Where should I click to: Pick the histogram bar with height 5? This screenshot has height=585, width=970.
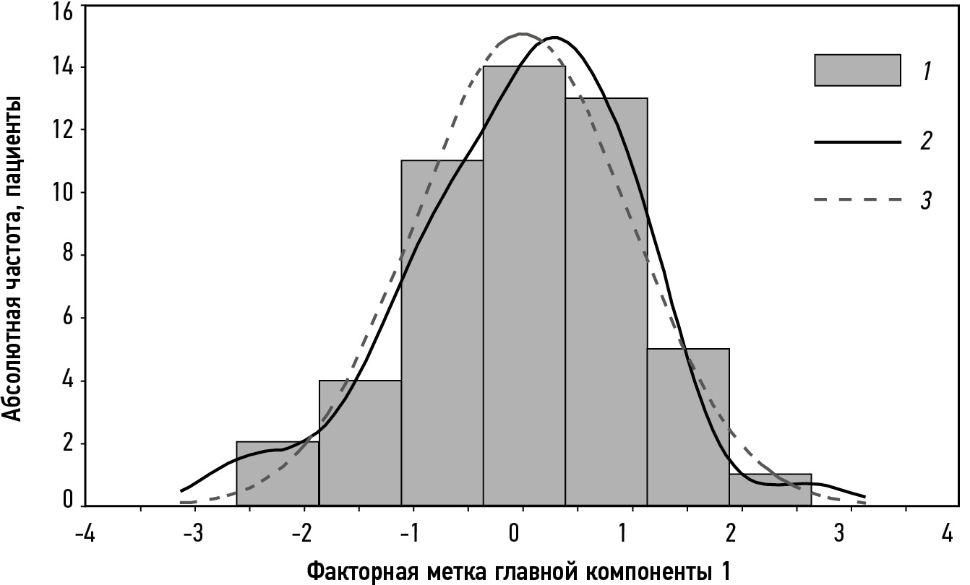[688, 426]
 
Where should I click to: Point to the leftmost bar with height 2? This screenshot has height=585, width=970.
[278, 473]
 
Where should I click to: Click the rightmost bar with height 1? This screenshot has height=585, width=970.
[771, 490]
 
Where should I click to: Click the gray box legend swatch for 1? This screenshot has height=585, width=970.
[857, 70]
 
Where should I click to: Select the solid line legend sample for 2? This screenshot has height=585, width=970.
[857, 142]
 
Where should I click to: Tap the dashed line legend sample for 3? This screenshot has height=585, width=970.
[857, 199]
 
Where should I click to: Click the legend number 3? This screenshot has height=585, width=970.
[925, 199]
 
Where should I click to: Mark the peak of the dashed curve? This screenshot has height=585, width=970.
[522, 34]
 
